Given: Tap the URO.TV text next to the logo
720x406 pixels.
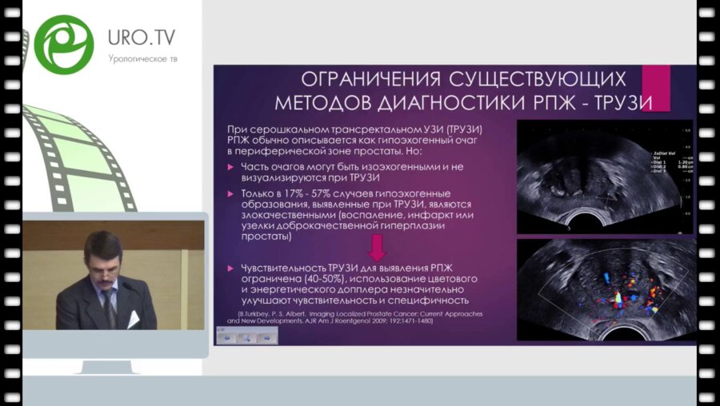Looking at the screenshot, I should click(142, 38).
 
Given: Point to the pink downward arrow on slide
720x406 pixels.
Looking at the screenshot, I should click(377, 246).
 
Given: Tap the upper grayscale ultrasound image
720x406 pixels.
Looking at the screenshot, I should click(605, 177).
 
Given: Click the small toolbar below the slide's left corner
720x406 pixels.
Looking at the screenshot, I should click(246, 336).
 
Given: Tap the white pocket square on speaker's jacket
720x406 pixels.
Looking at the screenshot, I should click(133, 318).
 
